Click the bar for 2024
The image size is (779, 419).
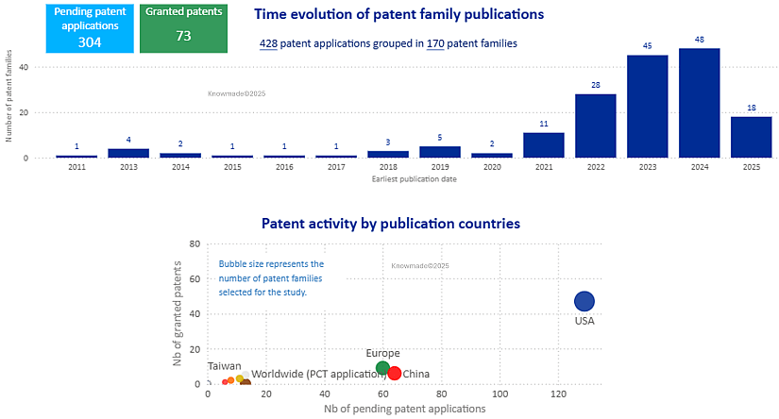[699, 103]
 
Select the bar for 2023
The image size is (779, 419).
[647, 106]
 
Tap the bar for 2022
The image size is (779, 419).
[595, 126]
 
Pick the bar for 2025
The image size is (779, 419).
[751, 137]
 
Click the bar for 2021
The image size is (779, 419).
[543, 144]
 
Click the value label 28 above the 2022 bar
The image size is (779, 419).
[595, 86]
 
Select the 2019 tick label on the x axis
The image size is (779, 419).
[439, 168]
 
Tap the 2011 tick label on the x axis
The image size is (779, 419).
[76, 168]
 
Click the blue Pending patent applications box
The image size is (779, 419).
[90, 28]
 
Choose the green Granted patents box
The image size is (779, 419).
[183, 28]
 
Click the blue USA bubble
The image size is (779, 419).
[584, 301]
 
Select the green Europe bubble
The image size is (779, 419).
[382, 368]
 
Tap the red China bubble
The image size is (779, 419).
[395, 373]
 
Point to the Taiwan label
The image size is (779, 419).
[224, 366]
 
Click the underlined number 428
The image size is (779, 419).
[268, 43]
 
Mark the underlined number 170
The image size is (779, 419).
[435, 43]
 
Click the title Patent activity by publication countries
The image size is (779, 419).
[390, 224]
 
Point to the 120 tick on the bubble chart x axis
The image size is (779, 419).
[559, 394]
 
